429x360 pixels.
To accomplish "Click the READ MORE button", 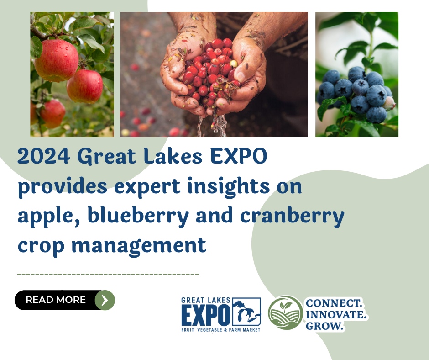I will (56, 300).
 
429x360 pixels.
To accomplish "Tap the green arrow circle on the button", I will (105, 300).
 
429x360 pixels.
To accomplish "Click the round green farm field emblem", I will (285, 312).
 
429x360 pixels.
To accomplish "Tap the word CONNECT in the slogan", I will (334, 303).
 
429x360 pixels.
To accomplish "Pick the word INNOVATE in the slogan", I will (336, 315).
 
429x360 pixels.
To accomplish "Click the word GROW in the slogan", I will (324, 326).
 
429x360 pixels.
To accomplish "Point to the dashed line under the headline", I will (108, 274).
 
